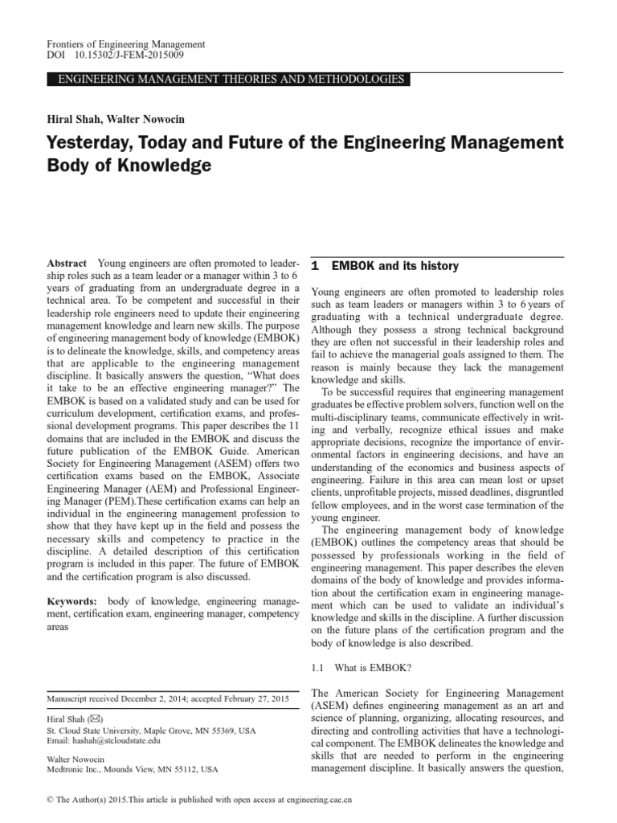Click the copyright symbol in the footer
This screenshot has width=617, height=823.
click(x=51, y=800)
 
